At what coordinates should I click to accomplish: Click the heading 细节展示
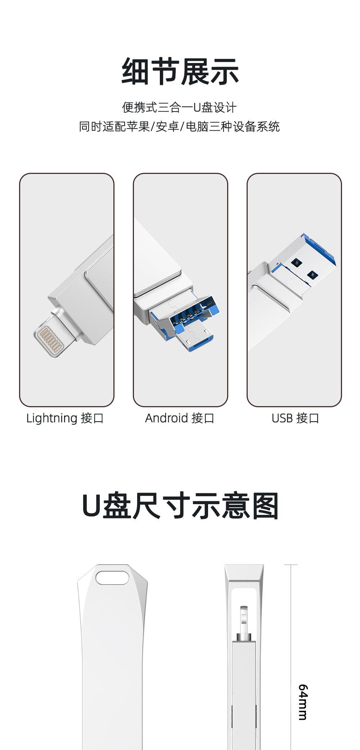(180, 71)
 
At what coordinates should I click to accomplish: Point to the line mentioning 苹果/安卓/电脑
(179, 127)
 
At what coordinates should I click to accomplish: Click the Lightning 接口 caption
(65, 418)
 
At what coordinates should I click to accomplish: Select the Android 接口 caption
(180, 418)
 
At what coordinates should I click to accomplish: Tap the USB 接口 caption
(295, 418)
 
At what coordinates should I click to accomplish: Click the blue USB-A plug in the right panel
(306, 263)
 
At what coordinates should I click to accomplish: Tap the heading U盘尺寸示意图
(180, 506)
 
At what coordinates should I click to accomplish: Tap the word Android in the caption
(166, 418)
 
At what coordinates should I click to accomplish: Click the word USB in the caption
(282, 418)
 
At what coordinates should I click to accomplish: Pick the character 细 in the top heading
(136, 71)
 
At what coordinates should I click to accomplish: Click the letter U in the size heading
(91, 506)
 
